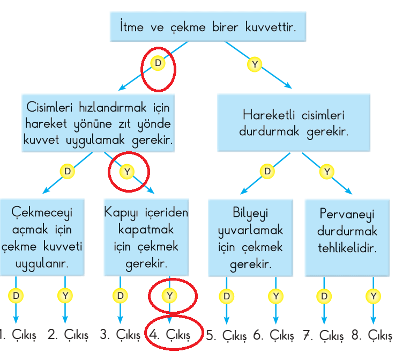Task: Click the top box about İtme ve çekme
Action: tap(208, 27)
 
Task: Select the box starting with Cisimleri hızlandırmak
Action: tap(98, 123)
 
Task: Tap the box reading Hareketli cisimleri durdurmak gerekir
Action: tap(294, 123)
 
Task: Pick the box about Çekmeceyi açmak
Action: tap(42, 238)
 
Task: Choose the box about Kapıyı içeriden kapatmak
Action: tap(146, 238)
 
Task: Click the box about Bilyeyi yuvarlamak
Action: tap(251, 238)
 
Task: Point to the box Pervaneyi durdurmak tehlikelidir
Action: tap(347, 238)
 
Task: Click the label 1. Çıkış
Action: tap(18, 335)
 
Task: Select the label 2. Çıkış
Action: tap(68, 335)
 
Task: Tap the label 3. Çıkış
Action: tap(120, 335)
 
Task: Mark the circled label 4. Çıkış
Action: tap(170, 335)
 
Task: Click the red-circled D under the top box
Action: tap(158, 63)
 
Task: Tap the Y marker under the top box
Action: tap(255, 64)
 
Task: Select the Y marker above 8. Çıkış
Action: tap(374, 296)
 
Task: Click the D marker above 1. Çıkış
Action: tap(16, 296)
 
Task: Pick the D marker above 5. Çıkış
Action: tap(227, 296)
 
